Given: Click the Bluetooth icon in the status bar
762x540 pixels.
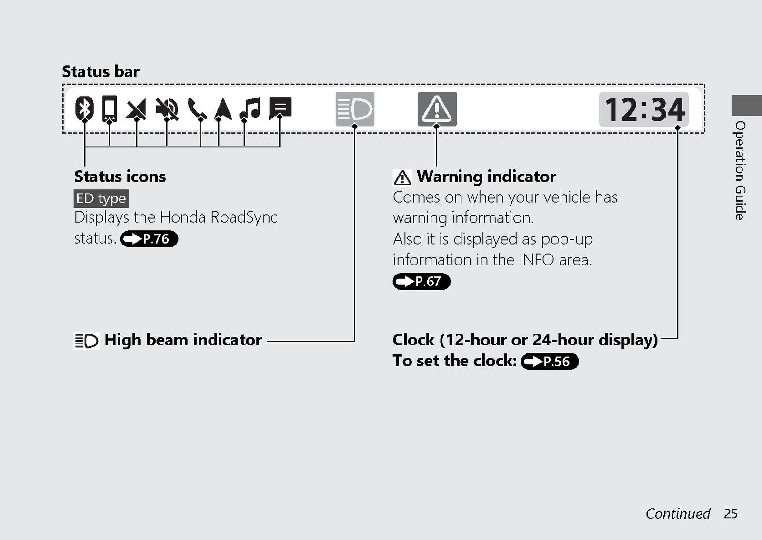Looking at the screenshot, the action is [84, 108].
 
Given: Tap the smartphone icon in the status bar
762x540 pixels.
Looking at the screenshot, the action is [110, 108].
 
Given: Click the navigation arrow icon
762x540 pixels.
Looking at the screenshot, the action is [223, 109].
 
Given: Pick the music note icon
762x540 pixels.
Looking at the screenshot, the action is [250, 108].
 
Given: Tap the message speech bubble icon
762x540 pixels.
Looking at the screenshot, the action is [281, 108].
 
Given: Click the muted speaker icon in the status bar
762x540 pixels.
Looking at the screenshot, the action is [167, 109].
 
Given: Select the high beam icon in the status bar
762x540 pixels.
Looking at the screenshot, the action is [355, 109].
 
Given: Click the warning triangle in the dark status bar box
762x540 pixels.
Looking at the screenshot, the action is [437, 109].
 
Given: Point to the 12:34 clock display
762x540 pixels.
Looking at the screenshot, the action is [643, 109].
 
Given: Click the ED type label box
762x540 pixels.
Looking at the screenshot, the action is [101, 198].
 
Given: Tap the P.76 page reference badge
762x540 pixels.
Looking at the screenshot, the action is [149, 238].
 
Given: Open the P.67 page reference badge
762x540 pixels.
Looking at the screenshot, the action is [421, 281].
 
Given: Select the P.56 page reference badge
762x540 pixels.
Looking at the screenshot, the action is [550, 361].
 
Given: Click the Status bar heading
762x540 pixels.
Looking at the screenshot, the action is [100, 71].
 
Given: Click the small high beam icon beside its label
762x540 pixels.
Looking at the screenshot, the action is [87, 341].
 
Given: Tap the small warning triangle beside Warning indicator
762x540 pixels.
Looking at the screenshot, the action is [402, 177].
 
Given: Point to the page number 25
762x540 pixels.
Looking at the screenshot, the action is [731, 513].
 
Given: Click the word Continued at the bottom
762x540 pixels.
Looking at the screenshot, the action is [678, 513].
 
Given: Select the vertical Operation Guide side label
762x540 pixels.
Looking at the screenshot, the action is [740, 171].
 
